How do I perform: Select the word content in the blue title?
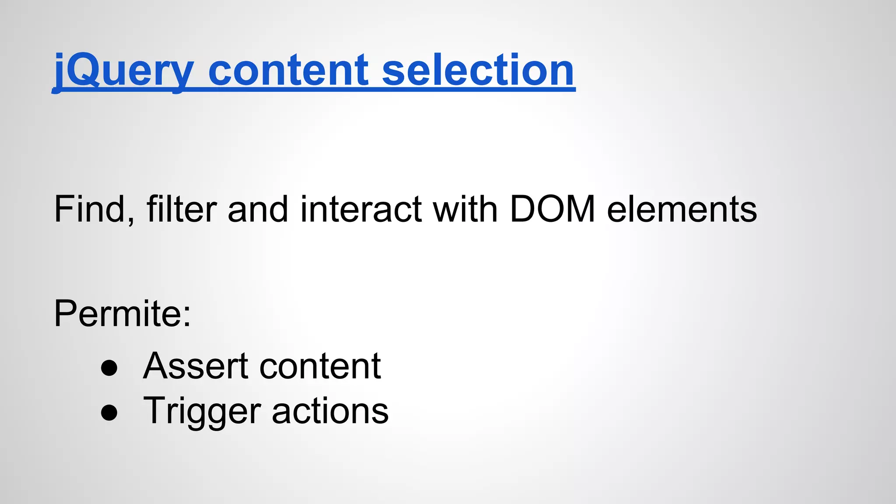point(289,70)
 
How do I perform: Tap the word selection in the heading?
point(478,70)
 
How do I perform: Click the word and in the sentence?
point(258,209)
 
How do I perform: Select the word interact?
point(361,209)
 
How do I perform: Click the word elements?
point(682,209)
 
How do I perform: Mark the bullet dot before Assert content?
point(109,368)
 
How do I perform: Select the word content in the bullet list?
point(320,367)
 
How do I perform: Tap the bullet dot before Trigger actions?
point(109,412)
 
